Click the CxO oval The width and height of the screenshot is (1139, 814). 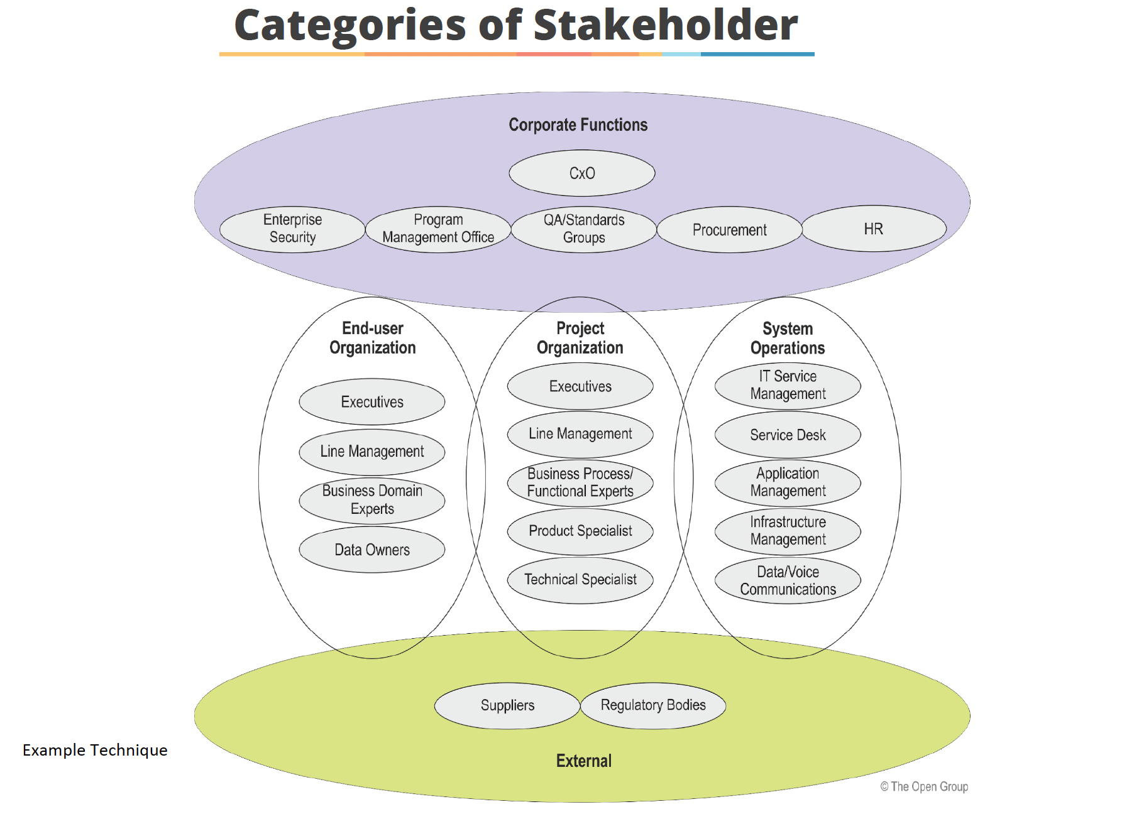coord(581,173)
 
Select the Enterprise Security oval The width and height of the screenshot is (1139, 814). coord(292,229)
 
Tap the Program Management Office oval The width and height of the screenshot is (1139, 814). coord(438,229)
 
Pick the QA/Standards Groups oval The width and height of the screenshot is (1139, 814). coord(584,229)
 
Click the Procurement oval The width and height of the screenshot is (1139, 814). coord(729,230)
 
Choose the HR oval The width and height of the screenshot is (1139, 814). coord(874,229)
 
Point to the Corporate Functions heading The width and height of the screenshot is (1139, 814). coord(578,125)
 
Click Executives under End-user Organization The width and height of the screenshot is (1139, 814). coord(372,402)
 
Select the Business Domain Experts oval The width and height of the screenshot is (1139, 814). coord(372,500)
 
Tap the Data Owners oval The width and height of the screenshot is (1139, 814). coord(372,550)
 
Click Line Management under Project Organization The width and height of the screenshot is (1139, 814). coord(580,434)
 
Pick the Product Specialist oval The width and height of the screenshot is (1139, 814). coord(580,531)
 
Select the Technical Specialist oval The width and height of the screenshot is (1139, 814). coord(580,580)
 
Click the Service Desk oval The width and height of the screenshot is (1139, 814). coord(788,435)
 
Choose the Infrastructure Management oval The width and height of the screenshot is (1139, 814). coord(788,531)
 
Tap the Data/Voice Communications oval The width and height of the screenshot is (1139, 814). coord(788,581)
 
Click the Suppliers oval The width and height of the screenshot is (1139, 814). coord(507,706)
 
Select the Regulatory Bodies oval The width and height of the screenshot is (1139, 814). coord(653,705)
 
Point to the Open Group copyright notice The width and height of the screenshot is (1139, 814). coord(924,787)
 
